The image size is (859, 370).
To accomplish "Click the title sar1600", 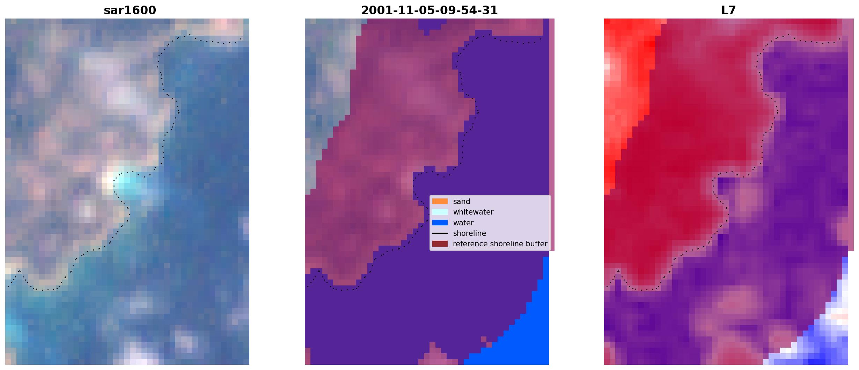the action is [x=130, y=10].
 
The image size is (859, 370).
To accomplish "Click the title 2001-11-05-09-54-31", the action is [x=429, y=10].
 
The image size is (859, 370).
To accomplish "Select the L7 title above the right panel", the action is [x=728, y=10].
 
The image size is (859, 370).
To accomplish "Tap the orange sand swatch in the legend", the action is [x=440, y=201].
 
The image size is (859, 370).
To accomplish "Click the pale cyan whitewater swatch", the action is [x=440, y=212].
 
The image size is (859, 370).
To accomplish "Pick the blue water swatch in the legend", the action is [x=440, y=223].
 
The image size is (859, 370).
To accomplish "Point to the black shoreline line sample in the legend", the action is [x=440, y=233].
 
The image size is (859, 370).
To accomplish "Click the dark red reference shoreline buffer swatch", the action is [x=440, y=244].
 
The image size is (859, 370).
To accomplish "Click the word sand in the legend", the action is [x=462, y=202].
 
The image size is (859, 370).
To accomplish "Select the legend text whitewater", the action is [x=473, y=212].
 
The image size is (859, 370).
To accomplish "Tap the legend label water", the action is [x=463, y=223].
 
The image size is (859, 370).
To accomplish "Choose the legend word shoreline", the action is [x=470, y=233].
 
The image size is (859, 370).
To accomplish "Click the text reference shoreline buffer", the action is [x=500, y=244].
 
